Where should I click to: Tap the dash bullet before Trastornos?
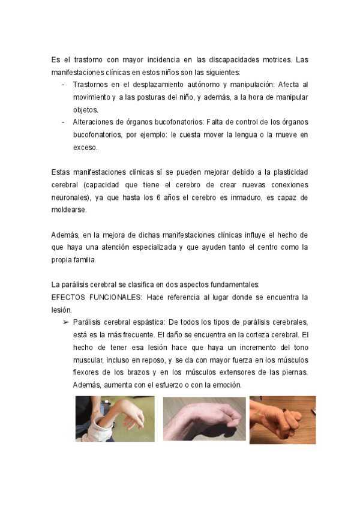point(64,85)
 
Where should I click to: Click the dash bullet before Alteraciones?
point(64,122)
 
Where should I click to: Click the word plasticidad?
point(287,172)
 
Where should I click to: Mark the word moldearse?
point(69,210)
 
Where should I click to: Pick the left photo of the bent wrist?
point(115,418)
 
